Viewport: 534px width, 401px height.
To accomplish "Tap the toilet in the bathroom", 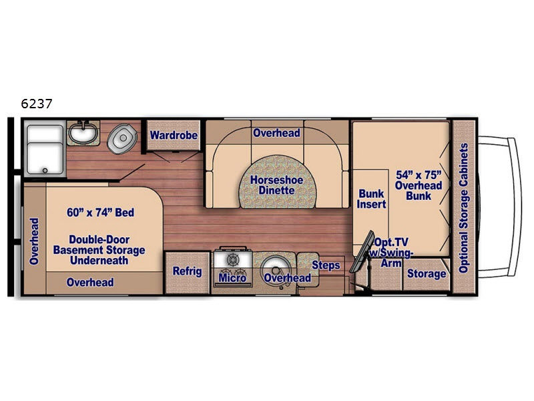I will click(x=121, y=138).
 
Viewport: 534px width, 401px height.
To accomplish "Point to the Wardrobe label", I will click(x=174, y=135).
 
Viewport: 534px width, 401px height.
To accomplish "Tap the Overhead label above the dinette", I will click(x=276, y=133).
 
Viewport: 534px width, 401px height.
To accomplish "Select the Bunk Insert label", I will click(x=372, y=198).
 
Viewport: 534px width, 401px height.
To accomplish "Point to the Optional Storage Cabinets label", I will click(x=463, y=208).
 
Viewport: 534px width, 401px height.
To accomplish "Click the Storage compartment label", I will click(x=427, y=273).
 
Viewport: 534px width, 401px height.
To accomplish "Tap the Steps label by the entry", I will click(x=326, y=265).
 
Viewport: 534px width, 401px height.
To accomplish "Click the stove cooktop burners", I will click(x=233, y=260).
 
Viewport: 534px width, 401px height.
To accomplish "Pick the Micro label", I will click(x=232, y=277).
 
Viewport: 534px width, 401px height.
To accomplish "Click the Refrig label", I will click(x=187, y=271).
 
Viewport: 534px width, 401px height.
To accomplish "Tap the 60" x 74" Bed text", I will click(x=101, y=213).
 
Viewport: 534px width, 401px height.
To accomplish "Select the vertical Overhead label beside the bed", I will click(x=34, y=241).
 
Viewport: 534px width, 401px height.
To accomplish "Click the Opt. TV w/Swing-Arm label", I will click(x=392, y=252).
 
